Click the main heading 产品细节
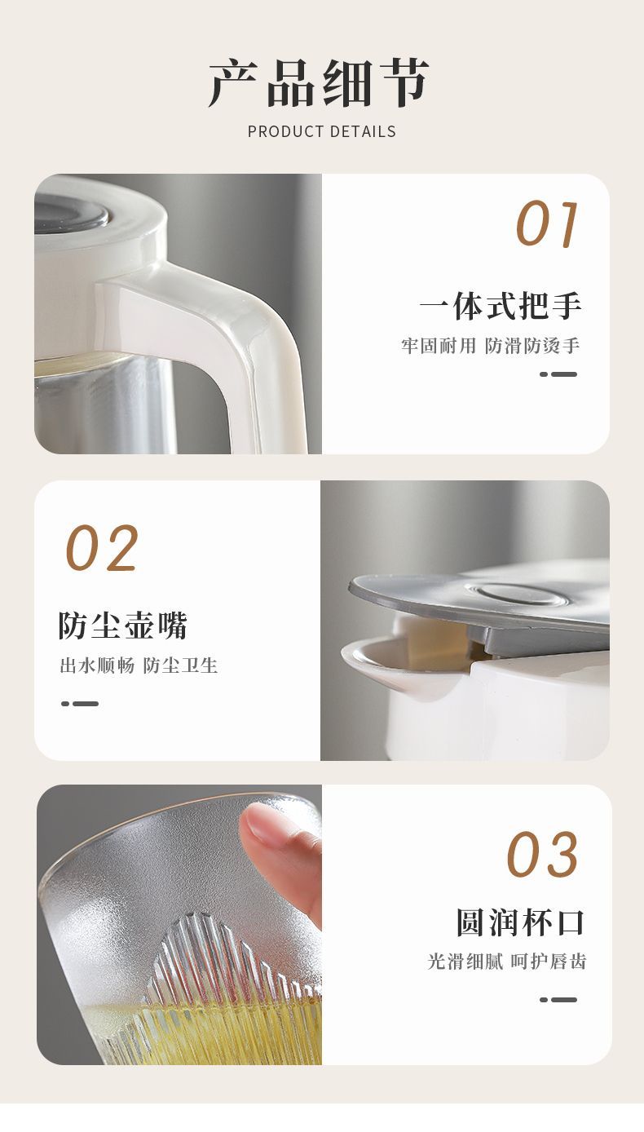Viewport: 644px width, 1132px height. click(x=319, y=83)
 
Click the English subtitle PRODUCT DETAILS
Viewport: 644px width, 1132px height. click(x=322, y=131)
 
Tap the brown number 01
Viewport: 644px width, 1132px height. click(x=547, y=224)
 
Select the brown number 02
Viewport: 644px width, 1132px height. click(x=102, y=548)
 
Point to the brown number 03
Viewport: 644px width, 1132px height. click(x=542, y=854)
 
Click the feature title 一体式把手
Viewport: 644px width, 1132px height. click(x=501, y=307)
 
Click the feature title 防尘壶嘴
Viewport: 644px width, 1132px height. click(x=123, y=626)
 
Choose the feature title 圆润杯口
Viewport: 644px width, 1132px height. click(x=520, y=922)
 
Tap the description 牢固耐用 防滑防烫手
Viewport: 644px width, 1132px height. click(x=491, y=346)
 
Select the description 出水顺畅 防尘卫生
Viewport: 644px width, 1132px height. click(x=139, y=665)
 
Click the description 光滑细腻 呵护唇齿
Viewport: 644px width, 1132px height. click(x=506, y=962)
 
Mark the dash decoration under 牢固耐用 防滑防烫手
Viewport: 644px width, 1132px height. click(x=558, y=374)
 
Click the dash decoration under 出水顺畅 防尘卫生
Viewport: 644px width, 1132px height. click(x=80, y=704)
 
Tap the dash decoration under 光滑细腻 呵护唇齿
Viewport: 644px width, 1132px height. click(x=558, y=1000)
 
